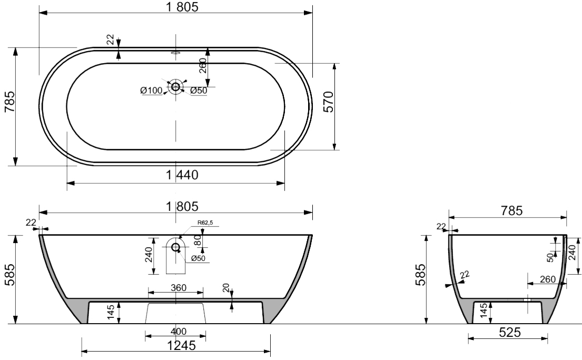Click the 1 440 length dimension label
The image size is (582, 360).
tap(182, 174)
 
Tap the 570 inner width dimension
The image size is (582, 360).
tap(329, 102)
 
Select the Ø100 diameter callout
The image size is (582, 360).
tap(151, 90)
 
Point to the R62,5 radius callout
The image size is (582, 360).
tap(205, 222)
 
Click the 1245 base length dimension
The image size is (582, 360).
tap(181, 346)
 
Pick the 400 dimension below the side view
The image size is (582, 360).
tap(179, 331)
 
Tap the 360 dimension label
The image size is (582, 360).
tap(179, 288)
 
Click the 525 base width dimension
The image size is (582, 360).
tap(510, 332)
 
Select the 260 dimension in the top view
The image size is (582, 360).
tap(203, 66)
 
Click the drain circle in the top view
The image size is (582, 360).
tap(175, 87)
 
